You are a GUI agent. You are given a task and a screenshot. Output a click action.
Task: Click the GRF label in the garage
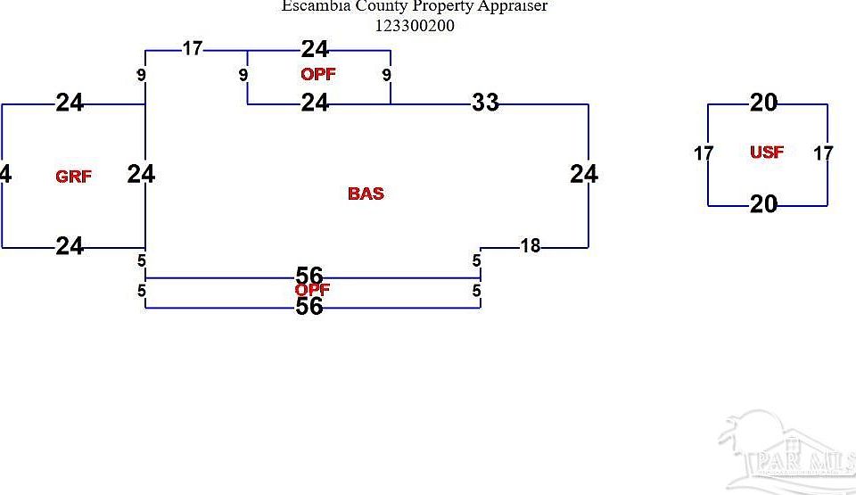[x=73, y=177]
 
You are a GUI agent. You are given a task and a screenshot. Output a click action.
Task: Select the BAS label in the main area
[x=366, y=194]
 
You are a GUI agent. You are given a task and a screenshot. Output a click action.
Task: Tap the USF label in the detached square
[x=767, y=153]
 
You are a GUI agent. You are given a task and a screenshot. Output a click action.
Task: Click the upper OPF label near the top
[x=317, y=74]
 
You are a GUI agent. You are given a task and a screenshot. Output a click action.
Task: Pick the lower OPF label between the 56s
[x=313, y=290]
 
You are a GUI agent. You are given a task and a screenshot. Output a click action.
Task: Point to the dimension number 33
[x=485, y=103]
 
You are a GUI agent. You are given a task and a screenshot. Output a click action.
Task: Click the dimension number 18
[x=530, y=245]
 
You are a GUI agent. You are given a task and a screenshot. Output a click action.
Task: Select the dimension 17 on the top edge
[x=193, y=48]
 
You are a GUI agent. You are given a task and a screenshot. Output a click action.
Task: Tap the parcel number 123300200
[x=415, y=26]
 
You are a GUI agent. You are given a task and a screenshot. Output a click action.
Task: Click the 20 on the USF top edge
[x=763, y=103]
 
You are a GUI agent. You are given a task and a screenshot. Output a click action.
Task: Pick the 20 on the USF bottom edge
[x=763, y=204]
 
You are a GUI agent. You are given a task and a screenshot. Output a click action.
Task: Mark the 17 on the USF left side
[x=704, y=153]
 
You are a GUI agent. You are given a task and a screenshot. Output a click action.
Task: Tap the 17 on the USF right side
[x=823, y=153]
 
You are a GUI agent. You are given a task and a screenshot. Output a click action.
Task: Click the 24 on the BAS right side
[x=584, y=174]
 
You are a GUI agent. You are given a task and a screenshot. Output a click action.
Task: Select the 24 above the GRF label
[x=70, y=103]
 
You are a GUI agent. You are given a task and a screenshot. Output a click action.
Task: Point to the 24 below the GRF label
[x=70, y=245]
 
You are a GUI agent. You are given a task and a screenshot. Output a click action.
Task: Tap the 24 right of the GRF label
[x=141, y=174]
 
